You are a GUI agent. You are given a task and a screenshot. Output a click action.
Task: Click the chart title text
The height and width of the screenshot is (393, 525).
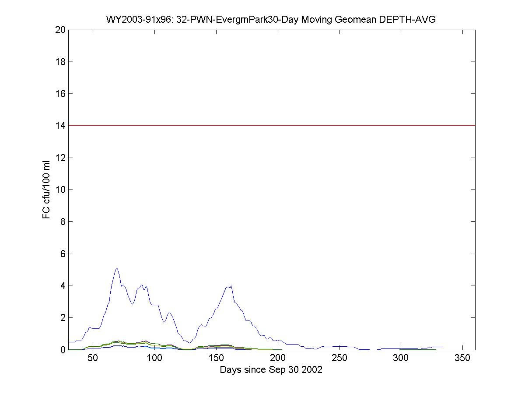[x=271, y=19]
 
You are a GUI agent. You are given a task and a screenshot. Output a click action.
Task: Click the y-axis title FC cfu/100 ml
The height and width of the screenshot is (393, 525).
[x=46, y=190]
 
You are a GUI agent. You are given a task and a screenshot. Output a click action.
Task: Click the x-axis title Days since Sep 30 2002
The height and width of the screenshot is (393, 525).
[x=271, y=370]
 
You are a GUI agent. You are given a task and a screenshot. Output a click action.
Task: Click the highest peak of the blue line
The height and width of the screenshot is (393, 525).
[x=117, y=269]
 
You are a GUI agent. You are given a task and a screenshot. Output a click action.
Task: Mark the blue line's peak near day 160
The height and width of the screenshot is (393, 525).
[x=231, y=286]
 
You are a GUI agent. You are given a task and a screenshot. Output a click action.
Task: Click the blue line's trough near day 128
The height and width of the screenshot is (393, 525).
[x=189, y=343]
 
